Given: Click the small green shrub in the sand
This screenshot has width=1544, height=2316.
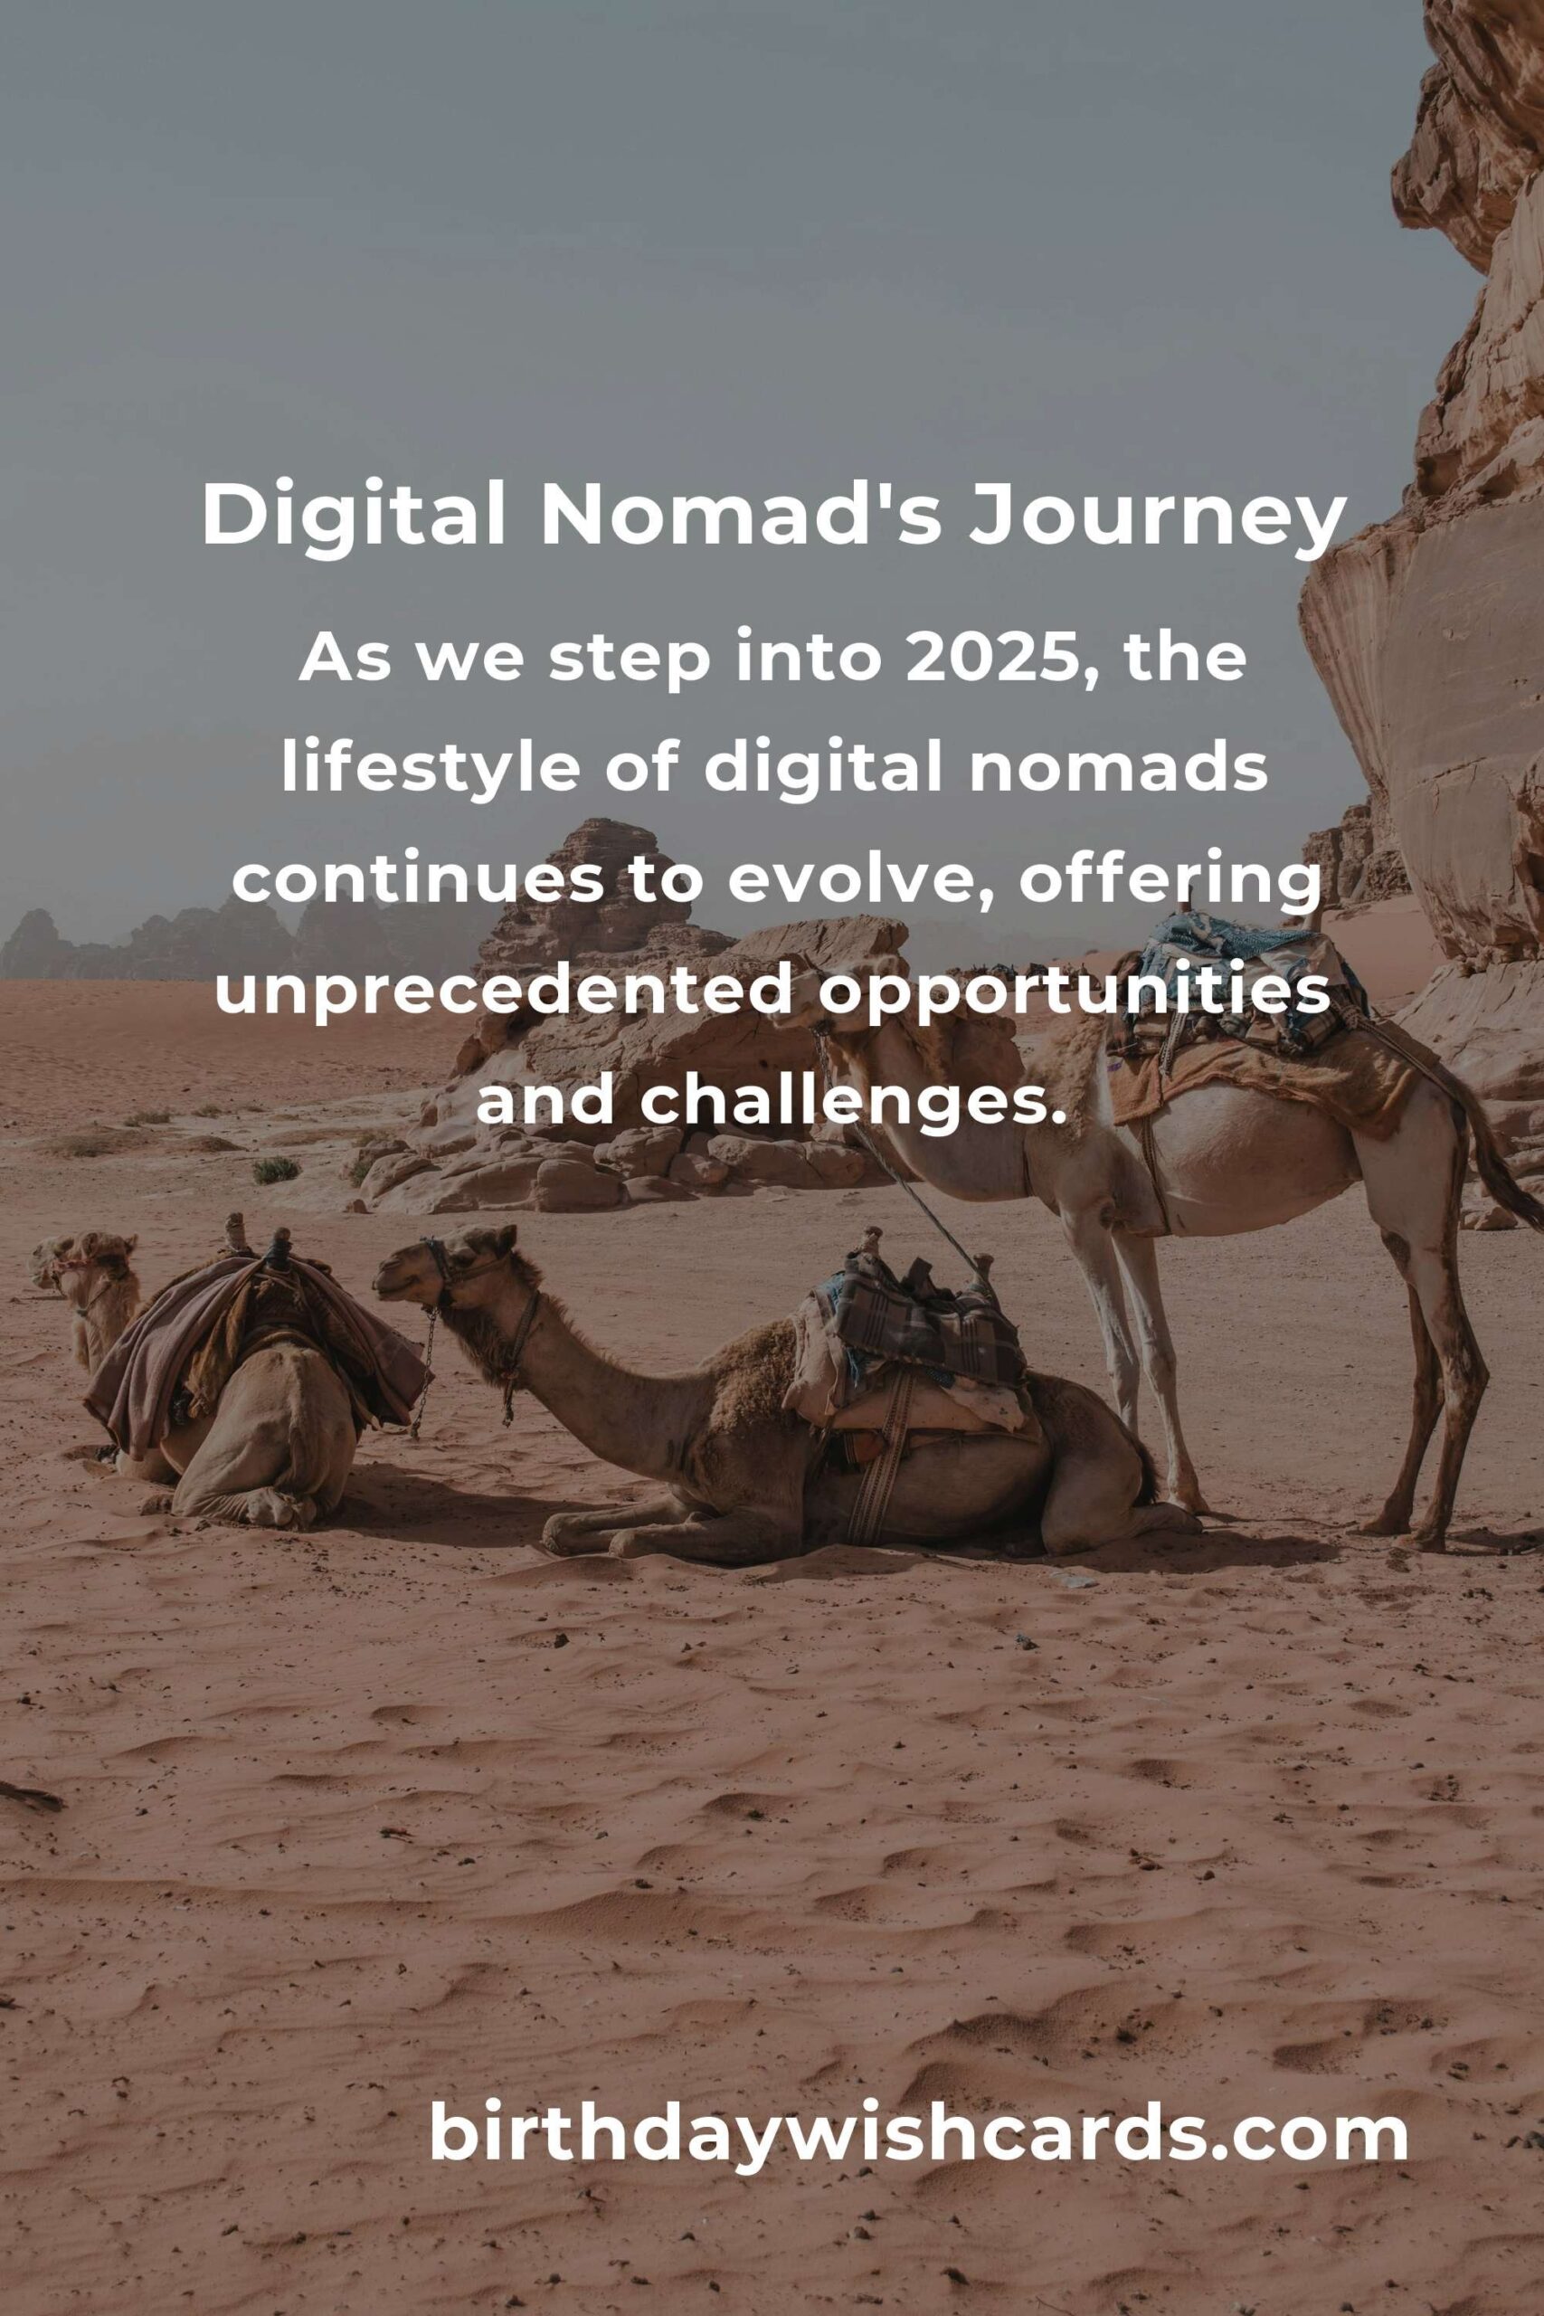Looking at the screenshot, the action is coord(277,1170).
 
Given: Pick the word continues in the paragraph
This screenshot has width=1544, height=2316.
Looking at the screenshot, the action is coord(415,882).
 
